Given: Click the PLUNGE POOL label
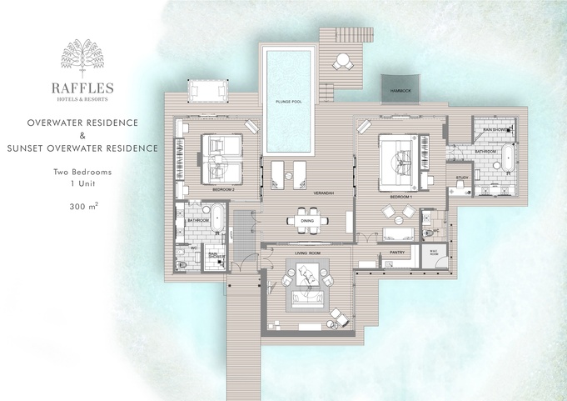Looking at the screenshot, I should (x=288, y=101).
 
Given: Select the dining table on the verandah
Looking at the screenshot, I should (x=307, y=221).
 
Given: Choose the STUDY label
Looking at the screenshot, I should (x=462, y=177).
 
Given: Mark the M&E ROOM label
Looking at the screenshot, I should (x=433, y=253).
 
